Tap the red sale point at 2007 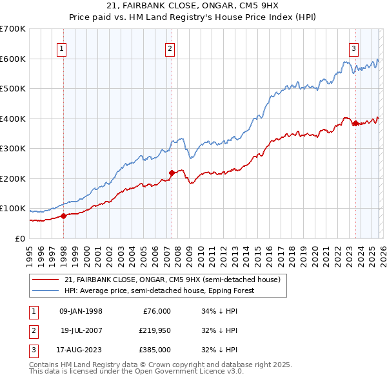coord(172,173)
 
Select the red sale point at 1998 coord(63,216)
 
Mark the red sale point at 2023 coord(355,123)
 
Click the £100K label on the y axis coord(12,209)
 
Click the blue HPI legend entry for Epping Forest coord(159,290)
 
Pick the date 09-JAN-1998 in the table coord(81,311)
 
